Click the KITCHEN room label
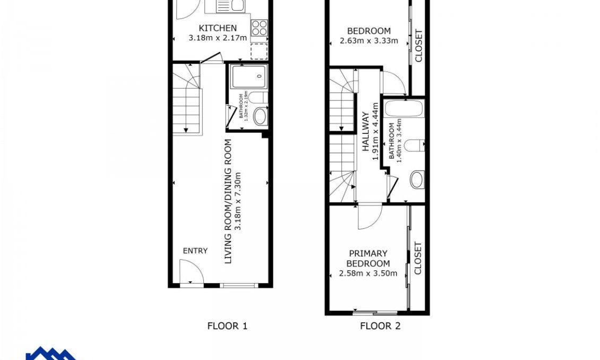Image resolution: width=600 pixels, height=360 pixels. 218,28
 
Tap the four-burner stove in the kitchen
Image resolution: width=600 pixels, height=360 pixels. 259,27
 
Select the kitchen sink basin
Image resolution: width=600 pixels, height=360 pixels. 236,6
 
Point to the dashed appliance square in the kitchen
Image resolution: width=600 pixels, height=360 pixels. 259,51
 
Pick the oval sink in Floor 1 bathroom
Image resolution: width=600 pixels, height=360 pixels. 260,116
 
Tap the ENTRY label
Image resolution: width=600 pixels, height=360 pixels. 195,251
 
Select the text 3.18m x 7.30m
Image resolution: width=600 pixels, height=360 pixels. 238,201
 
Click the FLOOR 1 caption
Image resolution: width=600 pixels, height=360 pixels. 227,326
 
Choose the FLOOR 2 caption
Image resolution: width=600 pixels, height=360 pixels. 380,326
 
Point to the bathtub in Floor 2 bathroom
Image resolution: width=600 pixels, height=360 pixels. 404,109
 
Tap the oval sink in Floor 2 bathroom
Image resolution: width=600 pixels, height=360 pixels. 417,179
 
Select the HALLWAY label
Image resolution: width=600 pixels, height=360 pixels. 365,133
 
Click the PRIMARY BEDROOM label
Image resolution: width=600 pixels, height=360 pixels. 367,259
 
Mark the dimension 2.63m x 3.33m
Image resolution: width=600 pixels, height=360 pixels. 368,40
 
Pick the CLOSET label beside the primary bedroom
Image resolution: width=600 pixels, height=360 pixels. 418,258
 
